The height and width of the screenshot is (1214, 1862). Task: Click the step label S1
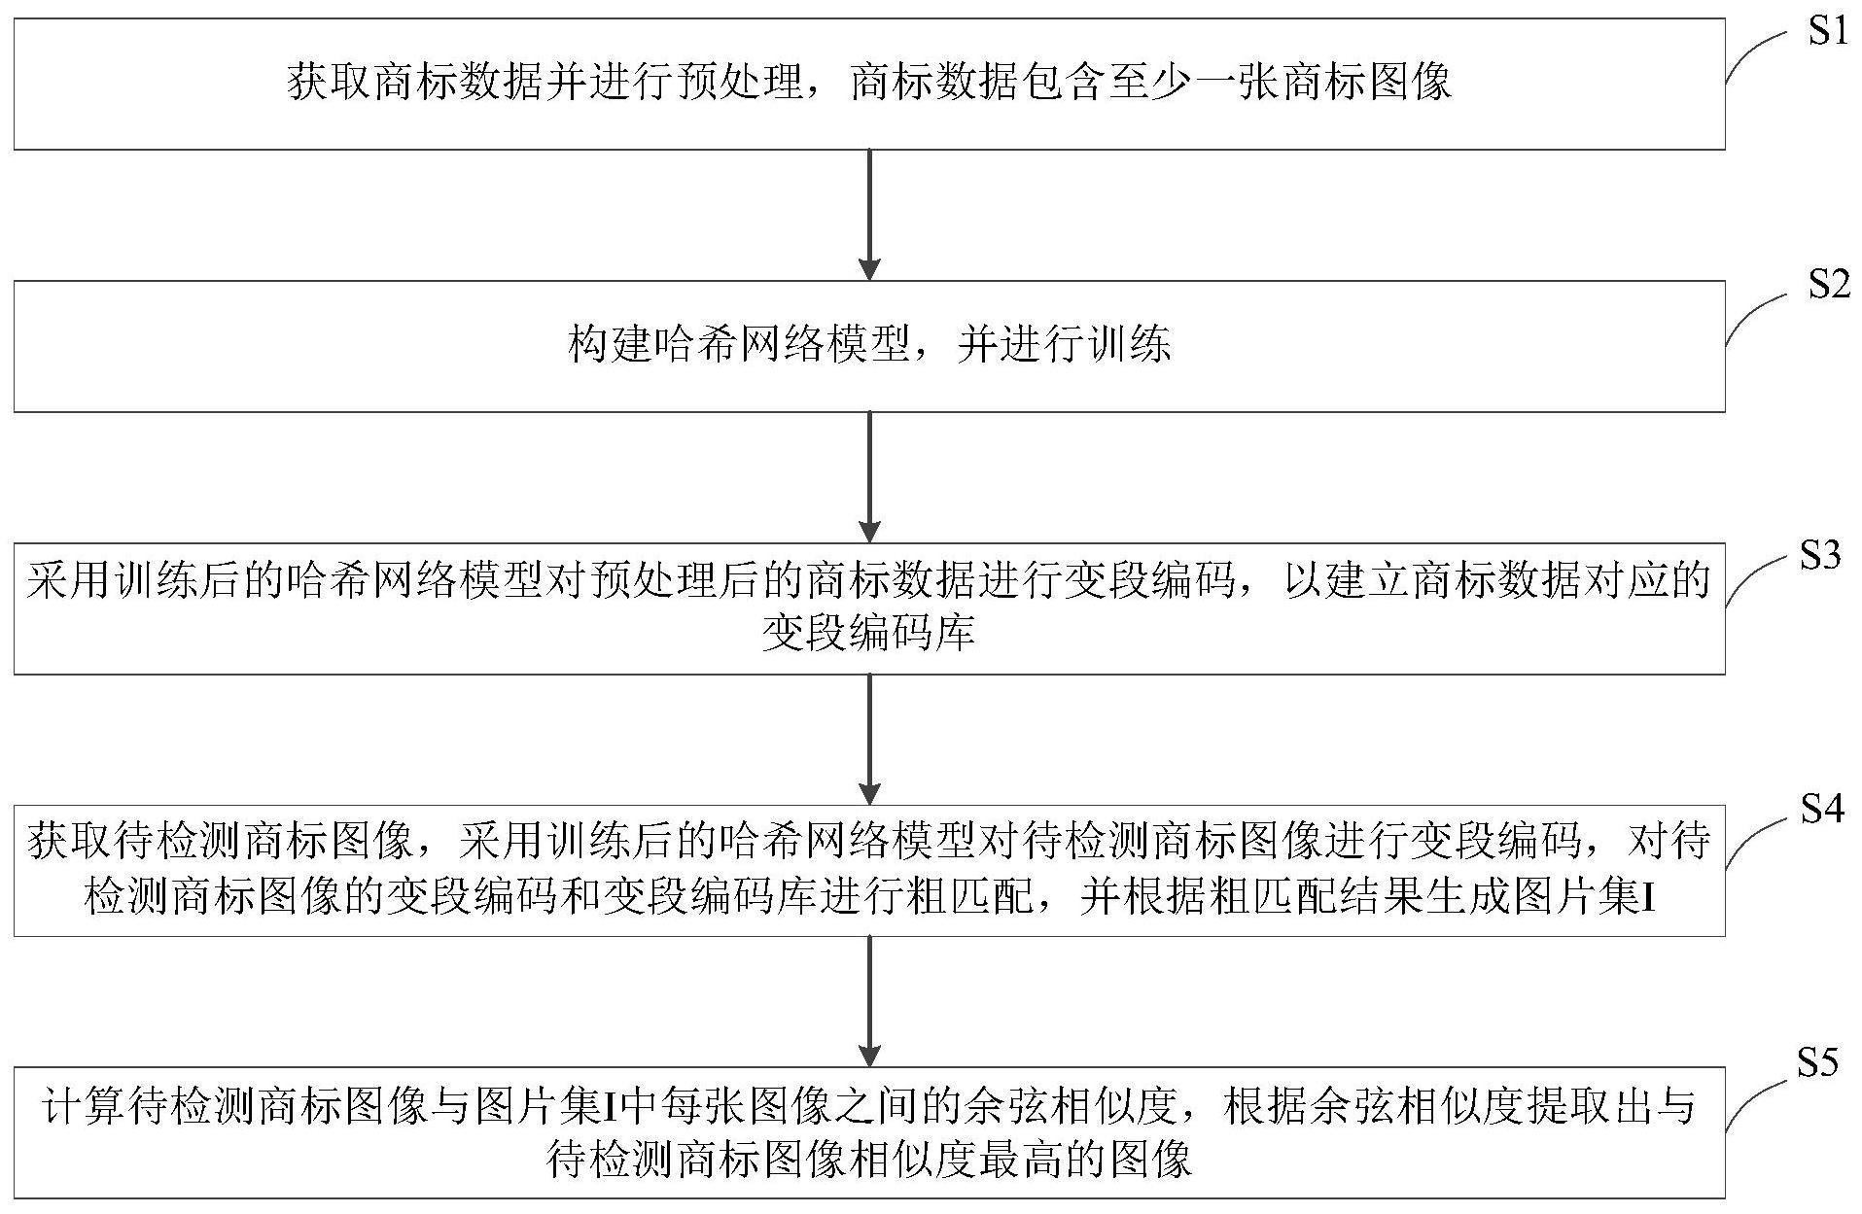(x=1827, y=32)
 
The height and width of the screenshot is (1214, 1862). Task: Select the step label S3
(x=1820, y=556)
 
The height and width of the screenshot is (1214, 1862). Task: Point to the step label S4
(x=1822, y=808)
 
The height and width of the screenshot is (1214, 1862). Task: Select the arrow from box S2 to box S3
(x=870, y=477)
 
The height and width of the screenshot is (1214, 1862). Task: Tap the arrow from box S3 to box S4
(x=870, y=740)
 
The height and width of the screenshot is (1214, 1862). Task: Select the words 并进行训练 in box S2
(x=1064, y=345)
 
